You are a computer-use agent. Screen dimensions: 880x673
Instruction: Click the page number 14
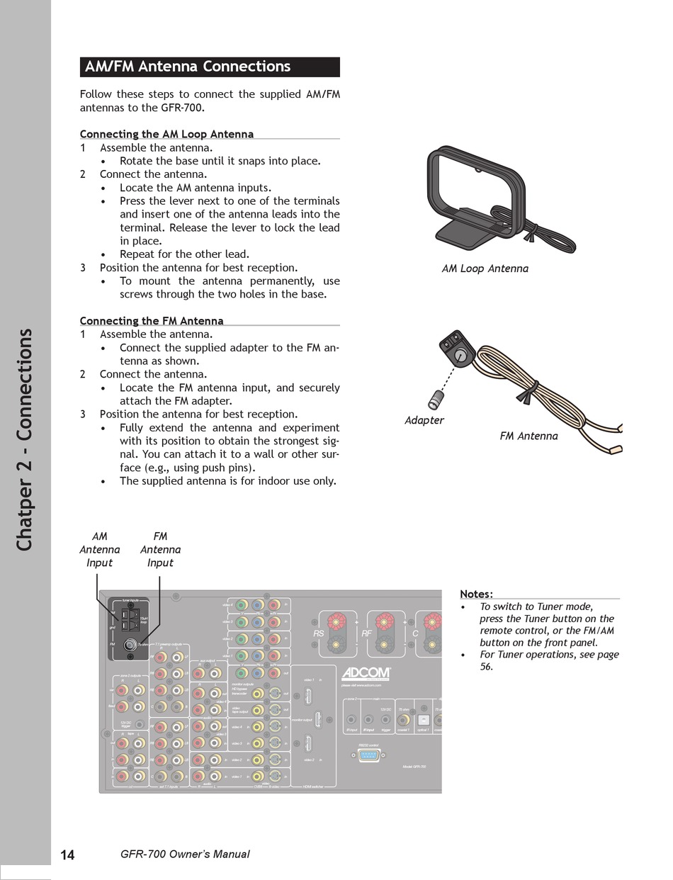click(x=67, y=854)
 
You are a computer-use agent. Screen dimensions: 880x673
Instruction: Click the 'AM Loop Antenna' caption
click(x=485, y=269)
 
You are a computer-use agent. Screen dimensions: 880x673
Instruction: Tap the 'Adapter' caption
click(x=424, y=420)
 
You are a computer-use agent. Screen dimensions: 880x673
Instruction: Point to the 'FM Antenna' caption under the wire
click(x=528, y=436)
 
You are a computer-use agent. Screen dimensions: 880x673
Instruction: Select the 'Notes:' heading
click(x=476, y=594)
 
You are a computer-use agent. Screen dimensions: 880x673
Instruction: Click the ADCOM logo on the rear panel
click(x=366, y=673)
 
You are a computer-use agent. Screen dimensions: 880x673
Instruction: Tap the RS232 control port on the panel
click(x=369, y=755)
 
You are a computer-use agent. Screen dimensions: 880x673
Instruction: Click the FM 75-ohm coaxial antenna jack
click(x=130, y=645)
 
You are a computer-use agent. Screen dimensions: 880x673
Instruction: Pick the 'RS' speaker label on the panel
click(x=318, y=633)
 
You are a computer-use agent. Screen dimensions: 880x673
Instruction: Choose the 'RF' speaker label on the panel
click(x=366, y=633)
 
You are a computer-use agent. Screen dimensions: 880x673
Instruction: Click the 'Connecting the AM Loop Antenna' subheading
click(x=166, y=134)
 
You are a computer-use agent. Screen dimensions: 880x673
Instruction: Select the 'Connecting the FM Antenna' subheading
click(x=152, y=321)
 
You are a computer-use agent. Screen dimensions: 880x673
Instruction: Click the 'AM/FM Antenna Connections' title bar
click(x=210, y=67)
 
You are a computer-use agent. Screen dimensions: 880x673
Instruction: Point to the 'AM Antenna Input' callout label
click(x=99, y=549)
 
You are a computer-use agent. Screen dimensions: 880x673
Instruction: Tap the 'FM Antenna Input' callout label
click(x=160, y=549)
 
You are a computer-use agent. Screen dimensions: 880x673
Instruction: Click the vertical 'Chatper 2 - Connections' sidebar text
click(x=25, y=439)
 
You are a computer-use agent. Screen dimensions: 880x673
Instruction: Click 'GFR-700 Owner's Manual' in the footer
click(x=186, y=854)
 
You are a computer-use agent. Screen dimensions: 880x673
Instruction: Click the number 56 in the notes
click(x=486, y=667)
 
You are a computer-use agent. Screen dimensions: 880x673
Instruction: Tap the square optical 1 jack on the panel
click(x=422, y=719)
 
